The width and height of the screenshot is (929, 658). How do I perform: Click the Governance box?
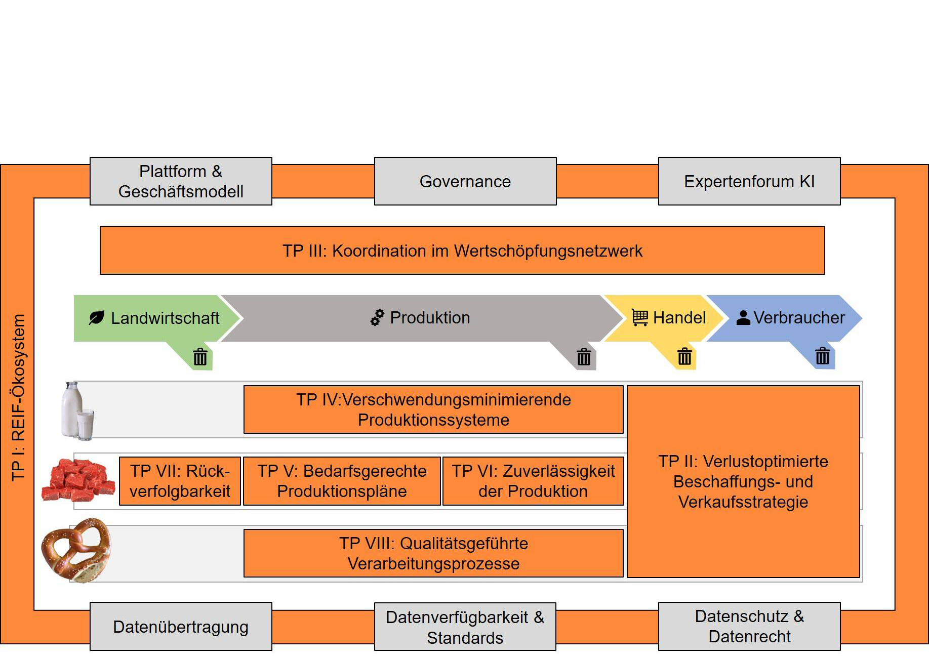tap(465, 181)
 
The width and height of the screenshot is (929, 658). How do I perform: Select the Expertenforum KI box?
tap(749, 181)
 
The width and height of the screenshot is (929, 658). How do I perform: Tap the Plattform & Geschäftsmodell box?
tap(181, 181)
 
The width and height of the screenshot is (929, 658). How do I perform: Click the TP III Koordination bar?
tap(462, 251)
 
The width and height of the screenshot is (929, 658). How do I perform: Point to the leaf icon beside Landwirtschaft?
tap(96, 318)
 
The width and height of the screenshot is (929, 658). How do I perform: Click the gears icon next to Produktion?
tap(377, 317)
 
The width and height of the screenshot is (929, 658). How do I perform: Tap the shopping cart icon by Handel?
tap(640, 317)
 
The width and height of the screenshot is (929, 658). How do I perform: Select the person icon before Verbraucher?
tap(743, 317)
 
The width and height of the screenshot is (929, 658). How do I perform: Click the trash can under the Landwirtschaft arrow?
tap(200, 357)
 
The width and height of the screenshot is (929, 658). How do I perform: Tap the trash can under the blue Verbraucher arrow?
tap(822, 356)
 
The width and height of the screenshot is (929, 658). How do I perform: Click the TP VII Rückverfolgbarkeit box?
tap(180, 481)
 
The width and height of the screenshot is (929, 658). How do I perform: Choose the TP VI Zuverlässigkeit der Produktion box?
tap(533, 481)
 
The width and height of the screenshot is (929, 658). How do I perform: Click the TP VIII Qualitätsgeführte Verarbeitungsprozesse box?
tap(433, 553)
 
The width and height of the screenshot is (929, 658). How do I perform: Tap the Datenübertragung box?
tap(181, 627)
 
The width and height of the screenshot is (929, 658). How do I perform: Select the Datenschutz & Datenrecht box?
tap(749, 627)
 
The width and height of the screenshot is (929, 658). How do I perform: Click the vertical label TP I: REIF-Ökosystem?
tap(18, 397)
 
